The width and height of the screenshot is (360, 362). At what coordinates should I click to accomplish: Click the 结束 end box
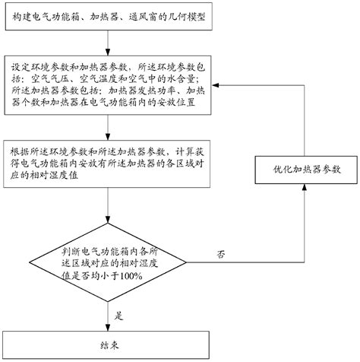pos(106,345)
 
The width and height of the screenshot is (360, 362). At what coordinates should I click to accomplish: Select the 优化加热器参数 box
pos(306,170)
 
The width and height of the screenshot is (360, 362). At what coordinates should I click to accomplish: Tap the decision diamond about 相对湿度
pos(108,262)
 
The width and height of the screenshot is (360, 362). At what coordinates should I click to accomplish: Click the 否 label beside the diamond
pos(221,254)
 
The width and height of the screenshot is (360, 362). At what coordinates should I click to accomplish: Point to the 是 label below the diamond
pos(118,316)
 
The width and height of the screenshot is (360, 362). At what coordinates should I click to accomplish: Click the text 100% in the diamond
pos(131,276)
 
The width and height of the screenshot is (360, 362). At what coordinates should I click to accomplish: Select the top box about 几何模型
pos(109,17)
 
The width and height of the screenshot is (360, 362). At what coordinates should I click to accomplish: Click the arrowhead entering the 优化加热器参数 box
pos(305,187)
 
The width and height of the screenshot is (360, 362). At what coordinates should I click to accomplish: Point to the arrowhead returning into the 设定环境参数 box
pos(216,85)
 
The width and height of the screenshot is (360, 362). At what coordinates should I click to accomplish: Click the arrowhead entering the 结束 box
pos(108,328)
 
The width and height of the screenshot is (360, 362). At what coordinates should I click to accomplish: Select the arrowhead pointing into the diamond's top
pos(108,220)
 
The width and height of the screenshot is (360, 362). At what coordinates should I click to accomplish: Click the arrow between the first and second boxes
pos(108,43)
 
